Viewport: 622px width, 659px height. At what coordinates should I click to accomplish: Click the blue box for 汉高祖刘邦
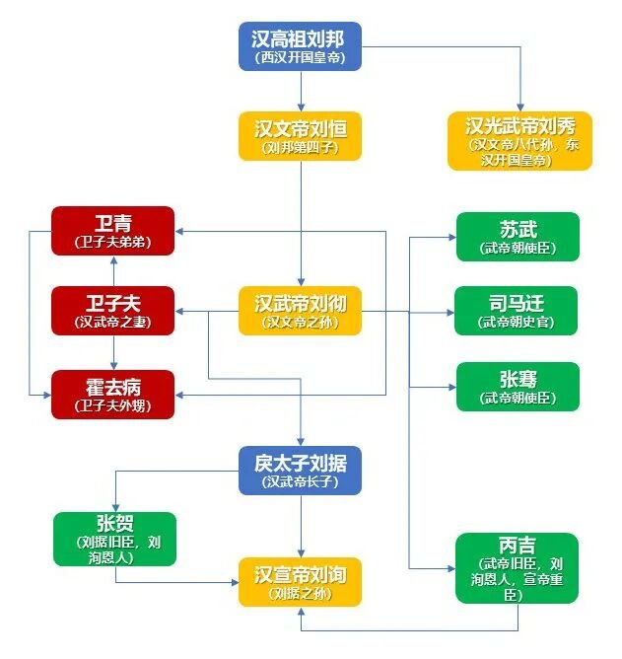point(300,46)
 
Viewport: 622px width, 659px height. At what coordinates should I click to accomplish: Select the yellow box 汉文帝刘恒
point(300,136)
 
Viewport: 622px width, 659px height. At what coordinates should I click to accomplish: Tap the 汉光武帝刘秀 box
point(519,141)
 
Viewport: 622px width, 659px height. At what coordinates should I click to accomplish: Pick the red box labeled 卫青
point(112,231)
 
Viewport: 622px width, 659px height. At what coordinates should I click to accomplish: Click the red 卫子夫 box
point(112,311)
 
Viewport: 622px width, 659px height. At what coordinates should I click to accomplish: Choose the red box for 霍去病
point(112,395)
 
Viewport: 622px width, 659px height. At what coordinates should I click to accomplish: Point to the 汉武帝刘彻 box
point(300,311)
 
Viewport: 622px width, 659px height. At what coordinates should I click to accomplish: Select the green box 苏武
point(518,237)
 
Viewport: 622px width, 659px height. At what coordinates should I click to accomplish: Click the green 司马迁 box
point(517,311)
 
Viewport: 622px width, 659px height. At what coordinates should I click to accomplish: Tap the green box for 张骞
point(518,387)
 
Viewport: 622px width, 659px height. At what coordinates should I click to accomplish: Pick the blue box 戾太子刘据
point(300,471)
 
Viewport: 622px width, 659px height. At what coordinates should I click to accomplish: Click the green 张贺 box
point(114,539)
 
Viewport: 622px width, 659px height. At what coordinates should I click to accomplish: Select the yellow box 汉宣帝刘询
point(300,582)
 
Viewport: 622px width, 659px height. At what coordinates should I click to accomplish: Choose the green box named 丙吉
point(517,568)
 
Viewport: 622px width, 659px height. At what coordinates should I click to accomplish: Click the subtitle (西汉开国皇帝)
point(300,57)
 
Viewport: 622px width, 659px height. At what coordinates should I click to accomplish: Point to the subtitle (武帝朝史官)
point(517,322)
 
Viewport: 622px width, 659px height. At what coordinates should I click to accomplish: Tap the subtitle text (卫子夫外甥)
point(112,405)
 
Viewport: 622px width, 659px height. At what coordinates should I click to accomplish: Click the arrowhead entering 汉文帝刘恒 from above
point(301,107)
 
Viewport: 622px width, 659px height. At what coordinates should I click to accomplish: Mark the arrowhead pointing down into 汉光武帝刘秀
point(520,107)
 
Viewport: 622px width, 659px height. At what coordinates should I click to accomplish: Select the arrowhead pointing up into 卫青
point(113,260)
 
